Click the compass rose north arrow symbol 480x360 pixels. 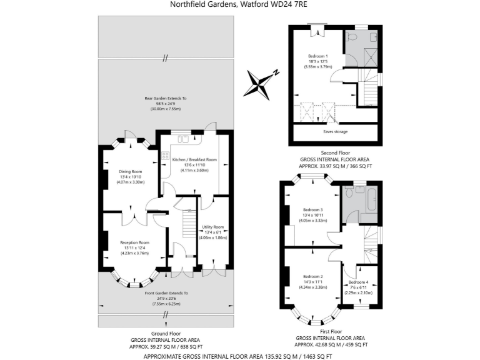click(261, 82)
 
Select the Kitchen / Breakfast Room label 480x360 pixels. click(194, 159)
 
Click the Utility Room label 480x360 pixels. click(213, 227)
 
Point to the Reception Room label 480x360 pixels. click(135, 242)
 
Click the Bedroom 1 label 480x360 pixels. click(317, 56)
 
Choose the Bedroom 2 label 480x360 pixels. click(312, 276)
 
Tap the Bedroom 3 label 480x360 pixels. click(312, 209)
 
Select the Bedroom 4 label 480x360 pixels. click(359, 282)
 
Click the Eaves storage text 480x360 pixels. click(336, 131)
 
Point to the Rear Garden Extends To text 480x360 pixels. click(166, 98)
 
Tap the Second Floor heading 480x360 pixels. click(336, 152)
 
